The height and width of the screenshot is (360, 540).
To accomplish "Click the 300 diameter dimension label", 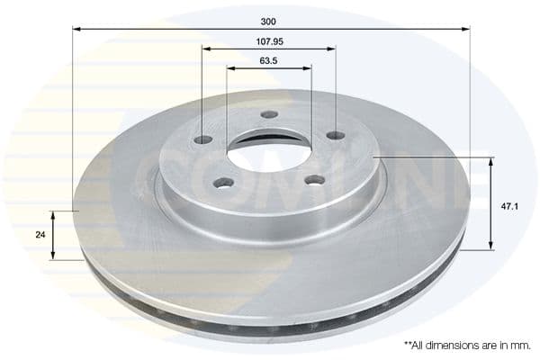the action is pyautogui.click(x=268, y=22).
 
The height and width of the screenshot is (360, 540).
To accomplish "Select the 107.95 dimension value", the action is pyautogui.click(x=270, y=41).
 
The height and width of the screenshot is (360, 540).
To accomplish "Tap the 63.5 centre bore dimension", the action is pyautogui.click(x=268, y=61).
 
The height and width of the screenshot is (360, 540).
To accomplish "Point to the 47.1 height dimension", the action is pyautogui.click(x=509, y=207).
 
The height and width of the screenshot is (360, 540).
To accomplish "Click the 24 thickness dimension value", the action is pyautogui.click(x=40, y=235).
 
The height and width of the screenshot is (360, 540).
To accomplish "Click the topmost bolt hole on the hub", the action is pyautogui.click(x=269, y=114).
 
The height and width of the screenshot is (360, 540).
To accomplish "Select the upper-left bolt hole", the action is pyautogui.click(x=203, y=139).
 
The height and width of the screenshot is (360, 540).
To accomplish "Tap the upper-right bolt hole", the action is pyautogui.click(x=336, y=135).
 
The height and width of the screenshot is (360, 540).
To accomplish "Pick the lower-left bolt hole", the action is pyautogui.click(x=223, y=183).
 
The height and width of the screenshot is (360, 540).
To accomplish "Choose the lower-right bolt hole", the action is pyautogui.click(x=316, y=180).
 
